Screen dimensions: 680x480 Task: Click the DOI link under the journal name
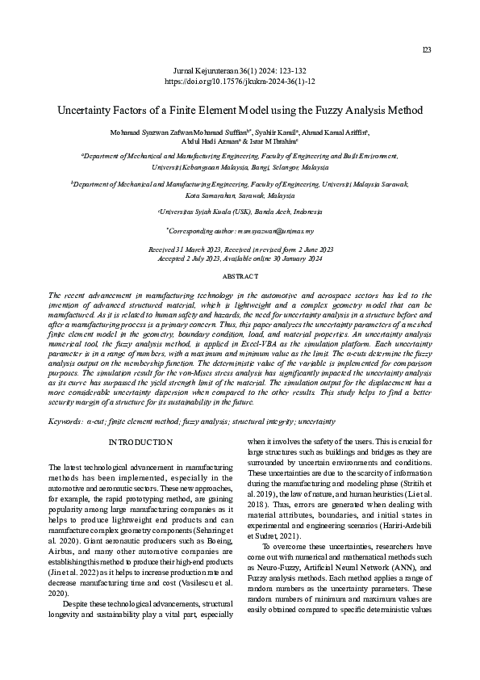[240, 82]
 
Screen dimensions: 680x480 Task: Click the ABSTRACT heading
[240, 277]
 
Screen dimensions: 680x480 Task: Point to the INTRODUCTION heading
[140, 443]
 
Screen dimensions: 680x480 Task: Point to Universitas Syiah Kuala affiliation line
[240, 212]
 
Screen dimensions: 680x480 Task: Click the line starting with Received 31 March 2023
[240, 250]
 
